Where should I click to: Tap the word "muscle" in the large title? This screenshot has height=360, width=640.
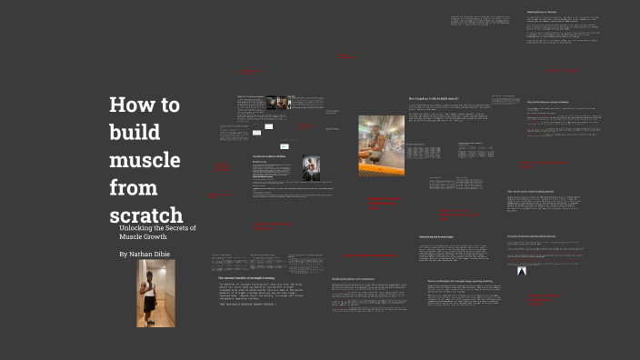click(x=145, y=160)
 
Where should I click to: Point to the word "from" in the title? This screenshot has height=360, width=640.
click(x=133, y=188)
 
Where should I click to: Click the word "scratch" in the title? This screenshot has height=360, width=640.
click(x=145, y=216)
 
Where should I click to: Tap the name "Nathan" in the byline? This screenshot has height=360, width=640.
click(x=149, y=254)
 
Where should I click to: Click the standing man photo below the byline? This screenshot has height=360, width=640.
click(x=155, y=293)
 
